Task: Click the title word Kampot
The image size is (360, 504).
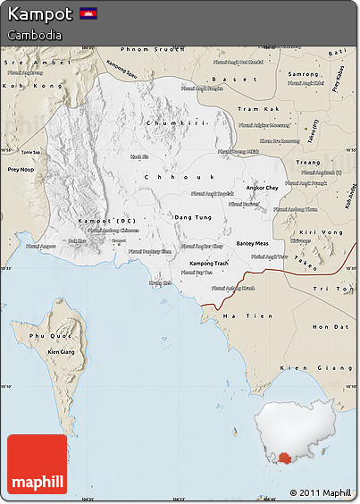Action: (39, 14)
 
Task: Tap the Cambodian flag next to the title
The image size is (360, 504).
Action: (88, 13)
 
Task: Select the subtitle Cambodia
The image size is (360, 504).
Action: (35, 35)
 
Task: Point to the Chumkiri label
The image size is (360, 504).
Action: (175, 122)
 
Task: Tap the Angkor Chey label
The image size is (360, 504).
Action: (262, 189)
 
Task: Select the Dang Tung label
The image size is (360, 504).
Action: (193, 217)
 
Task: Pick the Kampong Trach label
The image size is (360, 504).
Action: (210, 264)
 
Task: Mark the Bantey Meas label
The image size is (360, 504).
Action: (252, 243)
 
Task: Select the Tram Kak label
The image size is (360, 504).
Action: (253, 108)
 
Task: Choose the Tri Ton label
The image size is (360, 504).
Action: (339, 289)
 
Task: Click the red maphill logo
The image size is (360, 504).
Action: (37, 465)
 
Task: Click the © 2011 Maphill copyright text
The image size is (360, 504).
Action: (320, 492)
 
